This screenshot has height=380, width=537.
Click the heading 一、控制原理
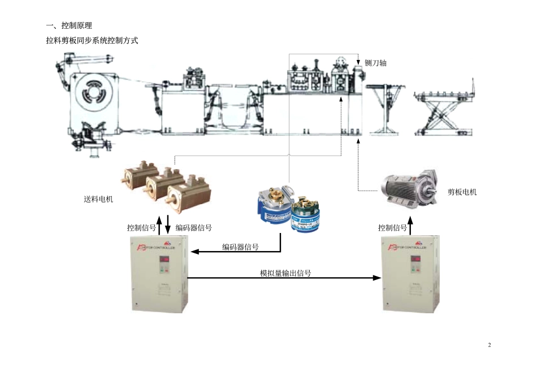[68, 25]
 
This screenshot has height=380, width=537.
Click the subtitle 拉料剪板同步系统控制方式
[92, 41]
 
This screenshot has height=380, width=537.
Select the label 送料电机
[98, 199]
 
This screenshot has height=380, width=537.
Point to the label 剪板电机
[462, 192]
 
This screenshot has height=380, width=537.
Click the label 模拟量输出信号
[285, 273]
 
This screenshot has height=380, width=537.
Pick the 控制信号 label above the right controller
[392, 228]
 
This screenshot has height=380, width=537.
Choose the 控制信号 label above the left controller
[141, 228]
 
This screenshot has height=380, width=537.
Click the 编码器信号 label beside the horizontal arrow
[240, 247]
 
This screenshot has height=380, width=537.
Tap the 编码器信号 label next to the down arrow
[194, 228]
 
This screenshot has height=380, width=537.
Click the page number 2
[490, 345]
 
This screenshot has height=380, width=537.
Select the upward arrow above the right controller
[410, 227]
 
